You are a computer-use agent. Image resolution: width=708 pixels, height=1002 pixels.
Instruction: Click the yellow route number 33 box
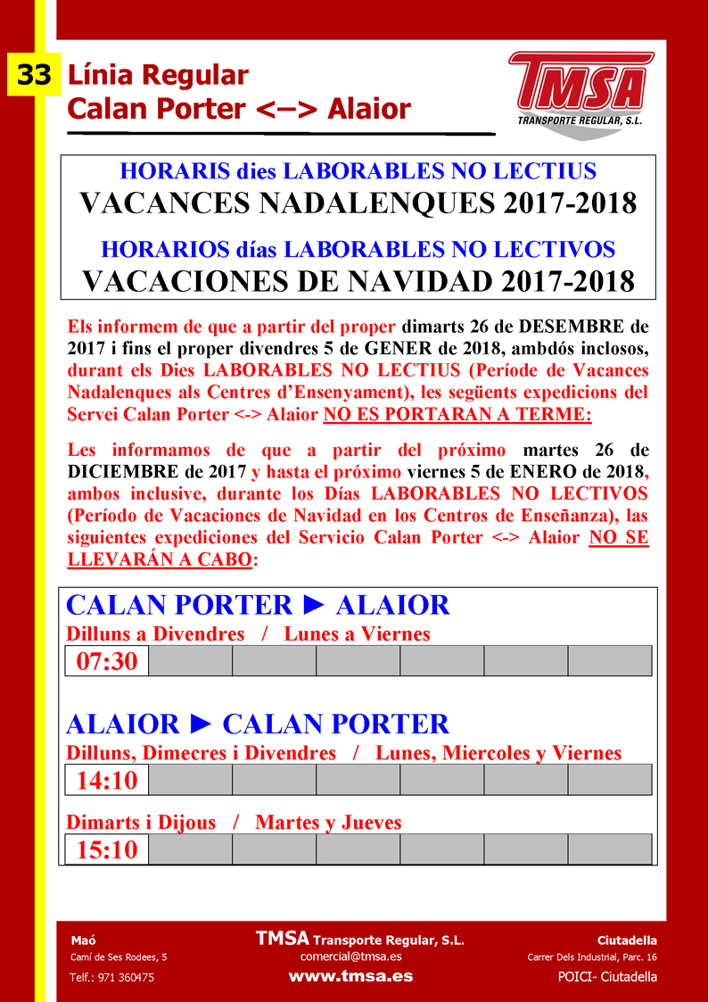34,76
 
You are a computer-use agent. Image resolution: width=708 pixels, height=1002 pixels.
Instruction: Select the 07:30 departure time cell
107,661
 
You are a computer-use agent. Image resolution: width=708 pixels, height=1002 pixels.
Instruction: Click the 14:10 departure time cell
107,781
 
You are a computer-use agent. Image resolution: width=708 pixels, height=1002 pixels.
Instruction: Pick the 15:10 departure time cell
107,849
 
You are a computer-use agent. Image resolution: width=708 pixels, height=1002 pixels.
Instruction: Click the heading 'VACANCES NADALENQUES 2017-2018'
358,203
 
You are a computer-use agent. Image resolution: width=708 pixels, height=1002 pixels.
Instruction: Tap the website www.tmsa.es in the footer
350,976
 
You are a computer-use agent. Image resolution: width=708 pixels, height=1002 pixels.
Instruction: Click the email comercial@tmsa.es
350,956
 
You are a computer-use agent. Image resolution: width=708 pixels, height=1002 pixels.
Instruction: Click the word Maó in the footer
83,940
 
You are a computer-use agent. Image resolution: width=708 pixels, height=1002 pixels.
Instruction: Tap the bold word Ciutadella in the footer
627,940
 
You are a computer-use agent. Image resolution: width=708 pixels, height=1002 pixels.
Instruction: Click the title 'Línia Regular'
158,75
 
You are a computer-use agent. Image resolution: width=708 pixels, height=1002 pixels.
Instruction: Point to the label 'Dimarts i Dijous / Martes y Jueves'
234,822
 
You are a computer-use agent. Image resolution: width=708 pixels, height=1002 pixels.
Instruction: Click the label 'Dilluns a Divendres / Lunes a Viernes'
248,633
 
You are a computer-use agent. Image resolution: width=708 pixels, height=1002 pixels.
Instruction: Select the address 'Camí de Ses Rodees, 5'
119,957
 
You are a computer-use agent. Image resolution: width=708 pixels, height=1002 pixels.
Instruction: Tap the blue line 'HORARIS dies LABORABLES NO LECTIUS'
358,170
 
